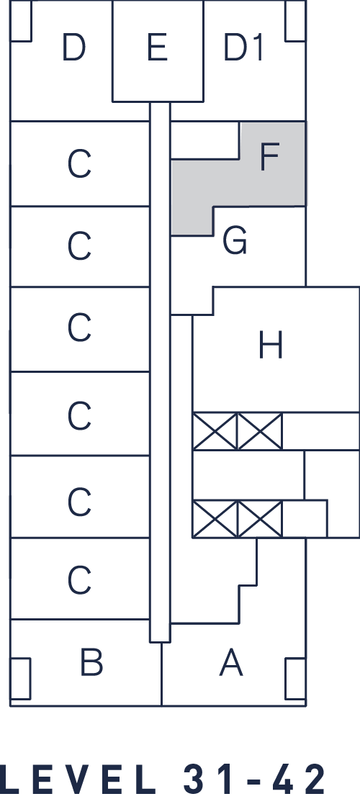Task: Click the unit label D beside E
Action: pos(73,48)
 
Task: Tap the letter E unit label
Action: pos(158,48)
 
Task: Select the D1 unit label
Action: pos(243,48)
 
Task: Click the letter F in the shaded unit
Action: pos(269,156)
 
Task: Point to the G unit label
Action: pos(235,241)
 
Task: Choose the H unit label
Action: pos(270,345)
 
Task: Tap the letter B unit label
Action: pos(91,662)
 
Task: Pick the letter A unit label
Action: pos(231,662)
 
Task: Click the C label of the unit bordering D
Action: pos(79,165)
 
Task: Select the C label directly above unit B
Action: pos(79,580)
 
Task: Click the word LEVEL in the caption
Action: pos(78,780)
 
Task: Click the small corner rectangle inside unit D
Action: pos(21,20)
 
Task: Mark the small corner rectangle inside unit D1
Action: pos(296,20)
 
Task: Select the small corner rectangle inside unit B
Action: pos(20,679)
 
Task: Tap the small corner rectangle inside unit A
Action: pos(295,679)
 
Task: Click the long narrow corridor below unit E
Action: pos(160,372)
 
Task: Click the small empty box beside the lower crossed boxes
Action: pos(305,519)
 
